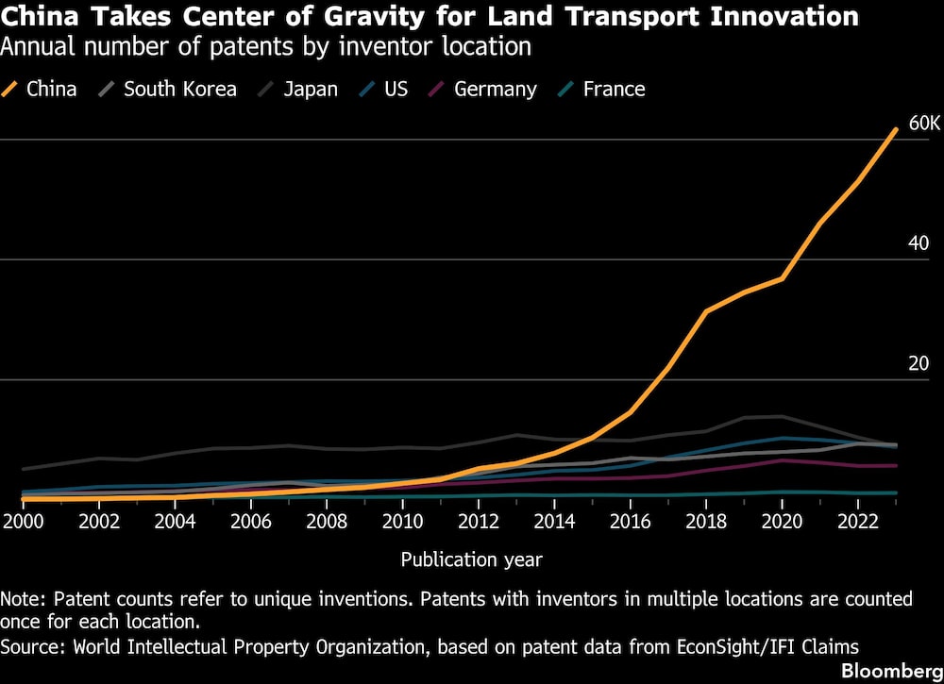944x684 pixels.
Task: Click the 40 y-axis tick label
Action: click(919, 243)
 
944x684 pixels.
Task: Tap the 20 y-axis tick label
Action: click(919, 364)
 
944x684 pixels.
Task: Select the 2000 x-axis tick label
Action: click(23, 521)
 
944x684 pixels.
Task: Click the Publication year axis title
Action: click(472, 559)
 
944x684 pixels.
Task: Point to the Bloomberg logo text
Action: click(890, 670)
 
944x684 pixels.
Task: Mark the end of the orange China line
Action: click(896, 129)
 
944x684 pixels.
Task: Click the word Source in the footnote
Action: click(27, 646)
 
